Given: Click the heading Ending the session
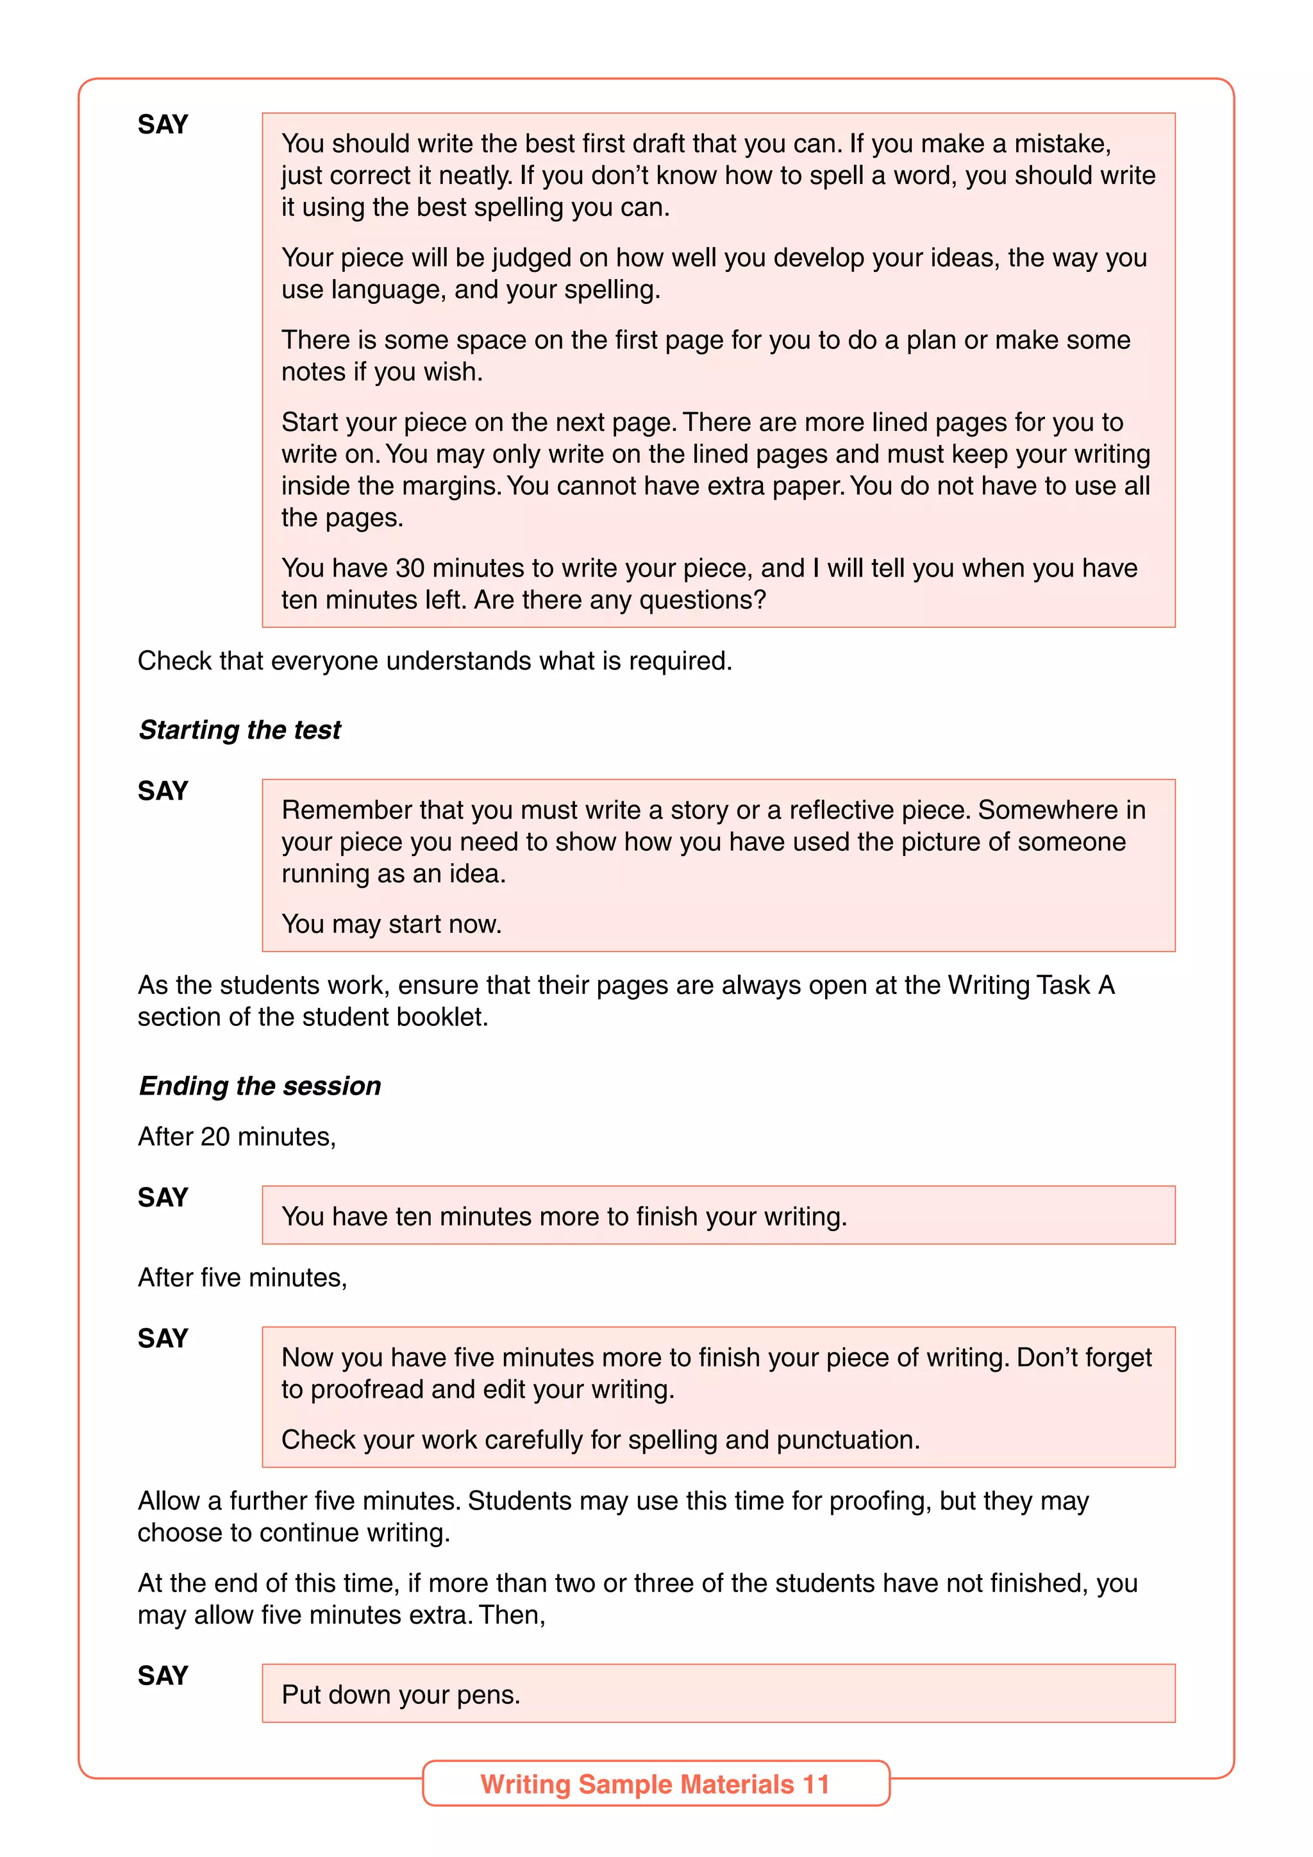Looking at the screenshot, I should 260,1086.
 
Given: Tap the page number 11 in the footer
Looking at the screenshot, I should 815,1784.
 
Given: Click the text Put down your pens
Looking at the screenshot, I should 400,1694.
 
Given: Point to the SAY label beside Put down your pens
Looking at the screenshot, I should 162,1675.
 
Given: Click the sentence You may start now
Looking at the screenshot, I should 391,923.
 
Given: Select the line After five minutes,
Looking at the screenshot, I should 242,1277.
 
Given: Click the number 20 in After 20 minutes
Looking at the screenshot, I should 215,1136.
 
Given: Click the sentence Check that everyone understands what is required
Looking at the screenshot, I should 434,661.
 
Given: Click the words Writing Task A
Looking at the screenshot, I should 1031,985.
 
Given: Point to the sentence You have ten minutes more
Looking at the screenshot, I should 564,1216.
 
